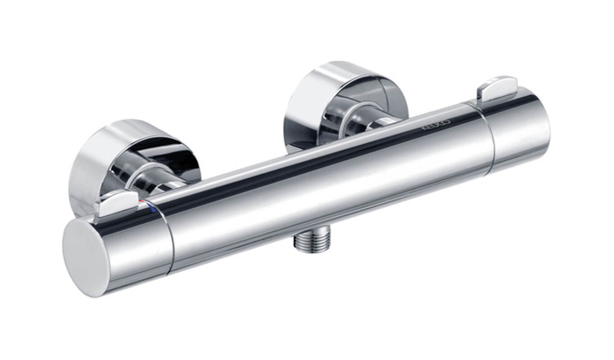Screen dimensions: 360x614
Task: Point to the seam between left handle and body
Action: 167,235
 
